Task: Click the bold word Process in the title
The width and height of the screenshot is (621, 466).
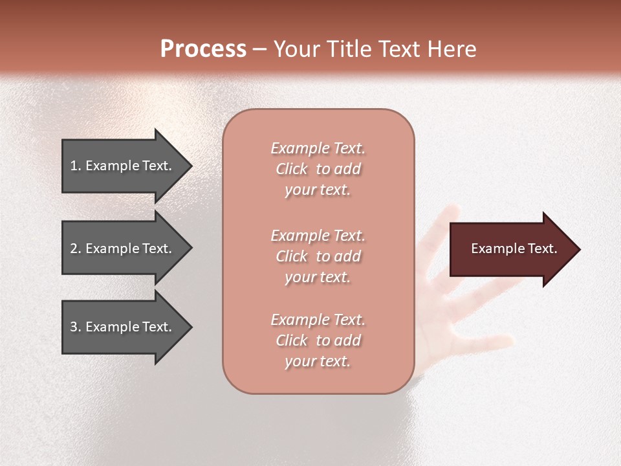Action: click(x=203, y=49)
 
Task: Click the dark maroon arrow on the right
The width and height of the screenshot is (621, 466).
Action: click(x=511, y=249)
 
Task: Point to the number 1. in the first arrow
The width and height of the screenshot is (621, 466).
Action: click(x=76, y=166)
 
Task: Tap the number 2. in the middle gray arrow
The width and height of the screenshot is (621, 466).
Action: click(x=76, y=249)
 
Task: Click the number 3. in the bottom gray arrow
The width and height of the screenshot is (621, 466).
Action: click(x=76, y=327)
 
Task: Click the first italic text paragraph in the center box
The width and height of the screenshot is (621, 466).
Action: click(x=318, y=169)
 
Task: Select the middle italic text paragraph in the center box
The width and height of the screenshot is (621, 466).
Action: click(x=318, y=256)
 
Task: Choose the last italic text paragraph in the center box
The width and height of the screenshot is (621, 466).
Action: click(x=318, y=340)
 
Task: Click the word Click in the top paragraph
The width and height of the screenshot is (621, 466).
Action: click(x=292, y=169)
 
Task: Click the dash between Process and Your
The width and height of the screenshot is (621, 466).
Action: click(x=259, y=49)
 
